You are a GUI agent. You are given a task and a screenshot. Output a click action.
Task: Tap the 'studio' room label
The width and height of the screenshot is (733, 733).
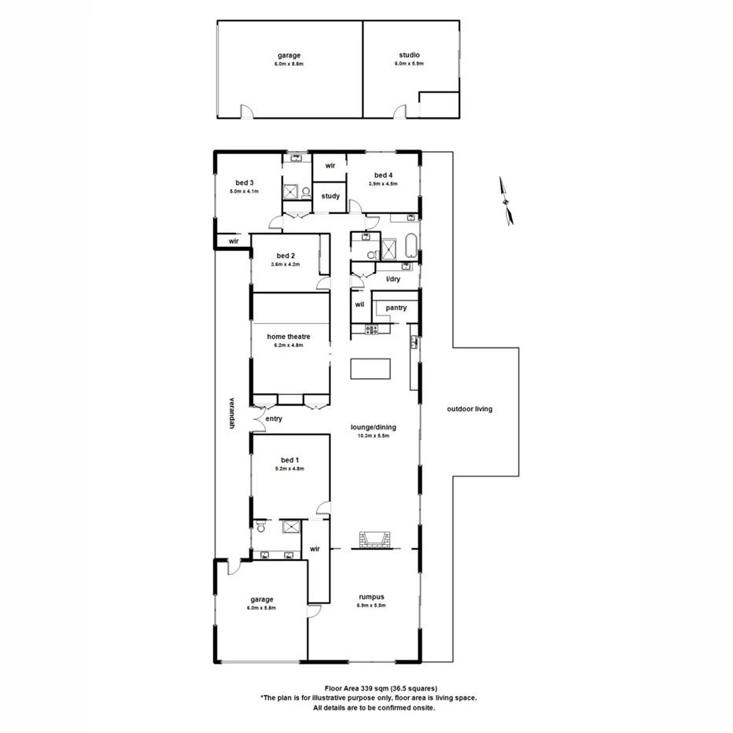tap(408, 55)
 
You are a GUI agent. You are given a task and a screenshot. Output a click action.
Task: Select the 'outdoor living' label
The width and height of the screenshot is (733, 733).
tap(470, 409)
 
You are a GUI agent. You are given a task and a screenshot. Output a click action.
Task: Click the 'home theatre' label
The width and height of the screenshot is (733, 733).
tap(288, 337)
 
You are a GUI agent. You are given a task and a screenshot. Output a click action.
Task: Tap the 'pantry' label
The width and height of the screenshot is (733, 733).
tap(396, 308)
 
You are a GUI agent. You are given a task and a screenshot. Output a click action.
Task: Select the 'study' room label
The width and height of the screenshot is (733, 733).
tap(330, 196)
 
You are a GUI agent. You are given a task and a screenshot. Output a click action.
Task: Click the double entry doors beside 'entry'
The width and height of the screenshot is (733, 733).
tap(258, 420)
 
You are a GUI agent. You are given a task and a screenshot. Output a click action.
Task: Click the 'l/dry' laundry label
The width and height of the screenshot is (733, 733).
tap(392, 279)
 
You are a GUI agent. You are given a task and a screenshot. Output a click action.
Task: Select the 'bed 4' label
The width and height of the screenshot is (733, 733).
tap(383, 175)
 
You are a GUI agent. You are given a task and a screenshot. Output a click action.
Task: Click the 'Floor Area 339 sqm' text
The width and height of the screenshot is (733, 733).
tap(369, 688)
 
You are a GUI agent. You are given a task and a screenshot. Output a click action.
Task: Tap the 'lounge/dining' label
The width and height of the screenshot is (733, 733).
tap(374, 428)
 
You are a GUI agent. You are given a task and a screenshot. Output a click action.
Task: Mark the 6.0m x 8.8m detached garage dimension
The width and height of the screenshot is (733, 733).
tap(289, 64)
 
